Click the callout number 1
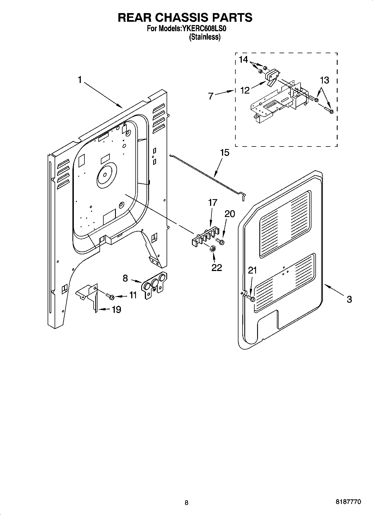point(80,80)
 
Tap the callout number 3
point(349,299)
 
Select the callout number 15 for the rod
point(225,153)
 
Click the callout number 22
point(216,267)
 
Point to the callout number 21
point(252,270)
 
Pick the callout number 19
point(116,309)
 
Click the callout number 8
point(125,278)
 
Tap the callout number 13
point(324,80)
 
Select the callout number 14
point(243,60)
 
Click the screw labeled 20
point(221,241)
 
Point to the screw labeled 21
point(251,299)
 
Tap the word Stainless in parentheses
point(205,37)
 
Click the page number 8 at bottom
point(186,503)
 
